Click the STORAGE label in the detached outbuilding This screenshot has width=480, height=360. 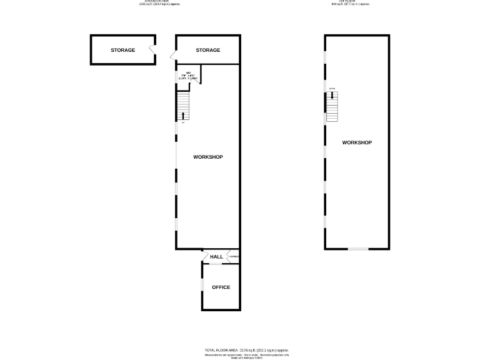[123, 50]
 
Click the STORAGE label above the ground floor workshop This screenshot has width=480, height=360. [208, 50]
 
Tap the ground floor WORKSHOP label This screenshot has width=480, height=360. [208, 157]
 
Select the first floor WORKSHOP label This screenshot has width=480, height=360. [357, 142]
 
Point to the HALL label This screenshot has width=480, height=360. [217, 257]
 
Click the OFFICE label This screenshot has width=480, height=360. [221, 287]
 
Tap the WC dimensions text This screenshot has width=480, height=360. [187, 77]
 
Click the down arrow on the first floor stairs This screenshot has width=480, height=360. [332, 96]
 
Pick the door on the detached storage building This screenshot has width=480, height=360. [152, 50]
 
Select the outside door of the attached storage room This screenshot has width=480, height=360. [173, 56]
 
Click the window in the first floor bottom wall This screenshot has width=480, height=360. [358, 249]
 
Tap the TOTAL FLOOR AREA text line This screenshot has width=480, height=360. [246, 350]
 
